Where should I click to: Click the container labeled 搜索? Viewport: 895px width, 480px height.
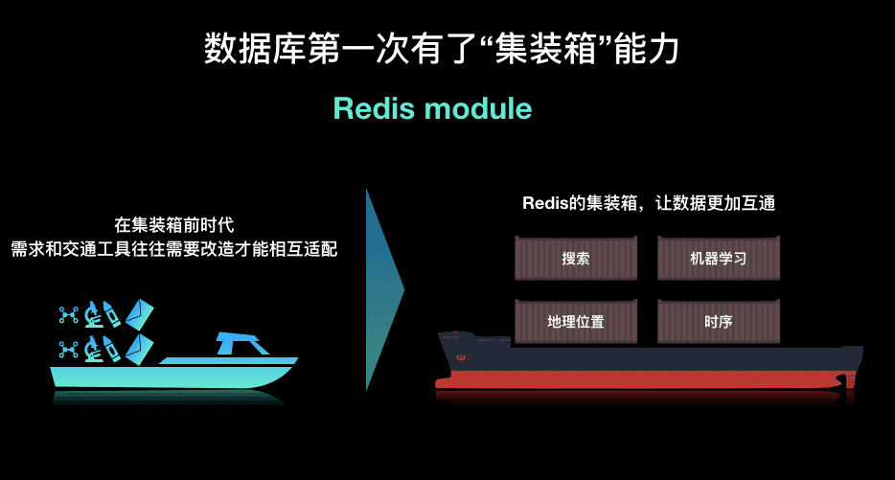(x=576, y=259)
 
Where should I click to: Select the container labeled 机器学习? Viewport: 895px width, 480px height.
(x=718, y=259)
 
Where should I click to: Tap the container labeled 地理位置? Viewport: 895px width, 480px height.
(x=576, y=322)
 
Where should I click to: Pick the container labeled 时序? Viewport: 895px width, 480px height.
(x=718, y=322)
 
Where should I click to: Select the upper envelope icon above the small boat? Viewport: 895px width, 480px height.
(x=140, y=312)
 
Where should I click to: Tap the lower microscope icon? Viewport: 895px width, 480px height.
(x=93, y=348)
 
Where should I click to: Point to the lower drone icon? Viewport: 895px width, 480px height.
(x=68, y=348)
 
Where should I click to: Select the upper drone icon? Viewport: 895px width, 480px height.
(x=68, y=312)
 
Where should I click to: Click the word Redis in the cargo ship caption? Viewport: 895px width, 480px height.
(x=542, y=203)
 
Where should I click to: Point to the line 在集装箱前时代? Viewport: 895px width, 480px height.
(x=174, y=226)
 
